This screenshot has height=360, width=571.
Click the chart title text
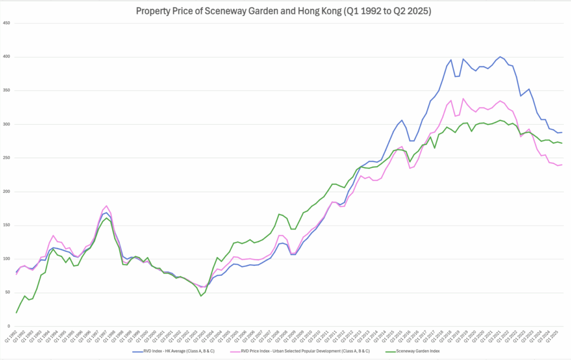pos(285,10)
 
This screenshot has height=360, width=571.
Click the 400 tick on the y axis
pos(7,57)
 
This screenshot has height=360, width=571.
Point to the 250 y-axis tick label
pos(7,158)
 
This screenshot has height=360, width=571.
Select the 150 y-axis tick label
pos(7,225)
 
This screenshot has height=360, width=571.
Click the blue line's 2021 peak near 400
pos(500,57)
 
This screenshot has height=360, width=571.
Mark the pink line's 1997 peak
pos(107,206)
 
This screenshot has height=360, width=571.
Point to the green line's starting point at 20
pos(16,313)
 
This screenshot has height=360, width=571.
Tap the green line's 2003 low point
pos(201,295)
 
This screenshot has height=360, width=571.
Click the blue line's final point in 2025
pos(562,132)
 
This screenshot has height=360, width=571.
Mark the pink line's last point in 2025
pos(562,164)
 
